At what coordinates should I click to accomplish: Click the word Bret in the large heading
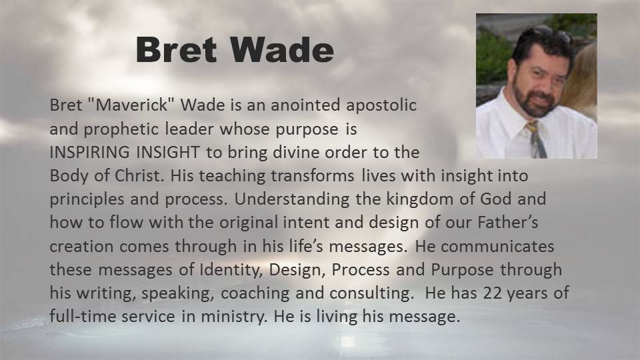(x=176, y=49)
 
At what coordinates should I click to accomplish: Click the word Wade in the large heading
(x=282, y=49)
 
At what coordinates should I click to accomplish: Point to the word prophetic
(x=121, y=129)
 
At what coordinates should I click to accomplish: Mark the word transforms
(x=313, y=176)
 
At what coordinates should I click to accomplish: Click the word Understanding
(x=292, y=200)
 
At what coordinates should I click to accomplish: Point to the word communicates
(x=497, y=247)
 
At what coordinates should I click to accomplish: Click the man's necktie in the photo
(x=536, y=139)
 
